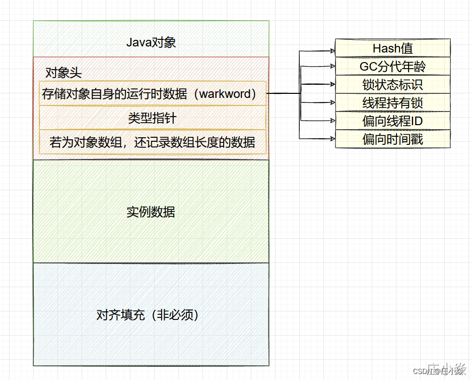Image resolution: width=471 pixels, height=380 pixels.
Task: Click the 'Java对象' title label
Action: tap(151, 42)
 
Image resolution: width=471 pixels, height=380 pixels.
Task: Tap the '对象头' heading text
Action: tap(63, 73)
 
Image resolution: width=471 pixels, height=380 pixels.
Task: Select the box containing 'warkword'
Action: tap(152, 93)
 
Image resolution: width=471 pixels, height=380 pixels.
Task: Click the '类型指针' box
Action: tap(152, 119)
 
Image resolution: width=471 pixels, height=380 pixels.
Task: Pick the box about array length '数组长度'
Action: tap(152, 142)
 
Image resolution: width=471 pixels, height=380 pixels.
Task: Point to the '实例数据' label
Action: tap(151, 212)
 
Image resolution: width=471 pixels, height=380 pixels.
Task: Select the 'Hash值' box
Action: tap(393, 48)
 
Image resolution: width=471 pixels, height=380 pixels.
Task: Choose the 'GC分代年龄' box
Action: tap(393, 67)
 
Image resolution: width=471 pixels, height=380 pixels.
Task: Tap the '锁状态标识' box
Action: tap(393, 84)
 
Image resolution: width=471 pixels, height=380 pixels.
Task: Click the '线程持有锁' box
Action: tap(393, 103)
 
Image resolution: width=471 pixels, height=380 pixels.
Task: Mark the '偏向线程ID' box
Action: tap(393, 121)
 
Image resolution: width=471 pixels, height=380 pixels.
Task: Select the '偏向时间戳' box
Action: tap(393, 139)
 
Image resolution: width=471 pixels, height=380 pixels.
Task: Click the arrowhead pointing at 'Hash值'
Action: tap(332, 50)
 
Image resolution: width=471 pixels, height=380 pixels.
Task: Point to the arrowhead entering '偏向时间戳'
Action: tap(332, 137)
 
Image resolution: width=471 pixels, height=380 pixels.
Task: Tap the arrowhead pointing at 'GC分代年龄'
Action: tap(332, 65)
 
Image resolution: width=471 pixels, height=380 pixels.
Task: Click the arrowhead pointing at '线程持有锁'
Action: tap(332, 102)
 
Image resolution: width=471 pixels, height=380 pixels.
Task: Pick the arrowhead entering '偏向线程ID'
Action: tap(332, 120)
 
